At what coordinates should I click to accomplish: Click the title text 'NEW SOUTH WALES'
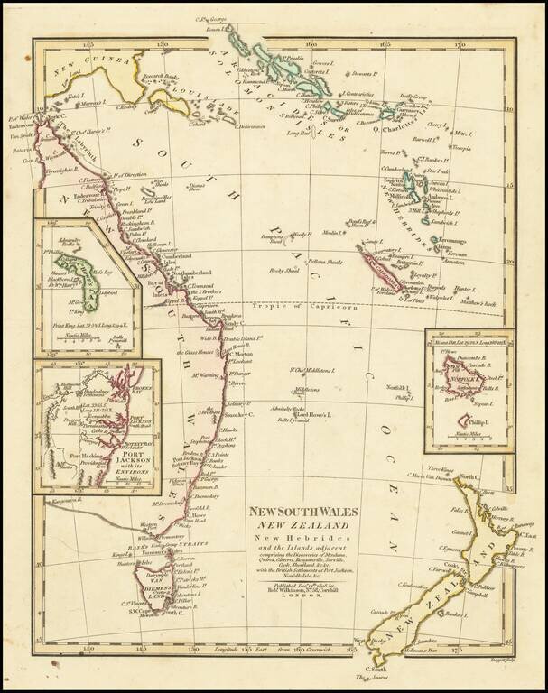[x=304, y=512]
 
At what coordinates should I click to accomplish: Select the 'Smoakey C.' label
[x=240, y=413]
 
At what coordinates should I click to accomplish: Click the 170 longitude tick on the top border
[x=459, y=42]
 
